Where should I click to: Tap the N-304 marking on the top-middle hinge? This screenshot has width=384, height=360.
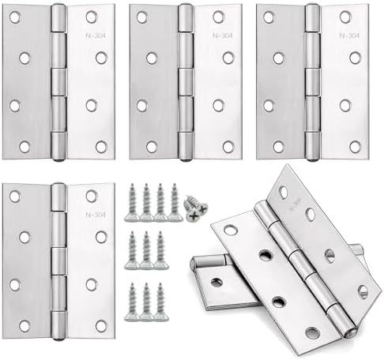coord(218,35)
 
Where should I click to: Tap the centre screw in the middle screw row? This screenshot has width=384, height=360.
coord(146,252)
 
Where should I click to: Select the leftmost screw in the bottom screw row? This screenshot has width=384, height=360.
coord(132,302)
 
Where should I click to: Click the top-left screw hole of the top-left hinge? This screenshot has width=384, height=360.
coord(15,17)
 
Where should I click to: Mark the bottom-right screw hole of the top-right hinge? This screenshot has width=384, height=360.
coord(355,147)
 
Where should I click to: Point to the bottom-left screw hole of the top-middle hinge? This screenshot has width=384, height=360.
coord(151,147)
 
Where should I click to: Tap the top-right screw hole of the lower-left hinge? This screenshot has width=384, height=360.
coord(92,196)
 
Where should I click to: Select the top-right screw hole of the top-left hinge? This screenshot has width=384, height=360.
coord(92,17)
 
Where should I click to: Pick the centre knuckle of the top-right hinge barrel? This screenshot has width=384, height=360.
coord(313,81)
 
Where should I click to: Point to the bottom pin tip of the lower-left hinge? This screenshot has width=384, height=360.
coord(58,336)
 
